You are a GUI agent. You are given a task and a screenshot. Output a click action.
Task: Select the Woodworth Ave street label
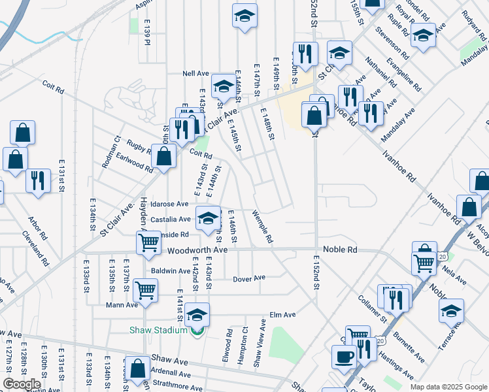pos(197,250)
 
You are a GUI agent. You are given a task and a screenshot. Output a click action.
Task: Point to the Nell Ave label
pos(195,74)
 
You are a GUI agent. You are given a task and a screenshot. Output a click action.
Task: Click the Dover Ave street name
pos(249,278)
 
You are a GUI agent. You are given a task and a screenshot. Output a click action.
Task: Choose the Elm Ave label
pos(282,315)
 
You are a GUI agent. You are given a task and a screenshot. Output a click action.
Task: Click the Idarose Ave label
pos(169,204)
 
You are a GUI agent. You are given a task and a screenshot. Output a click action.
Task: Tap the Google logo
pos(22,384)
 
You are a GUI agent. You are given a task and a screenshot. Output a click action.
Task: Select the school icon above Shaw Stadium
pos(197,315)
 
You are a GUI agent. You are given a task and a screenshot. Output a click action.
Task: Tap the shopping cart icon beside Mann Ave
pos(145,289)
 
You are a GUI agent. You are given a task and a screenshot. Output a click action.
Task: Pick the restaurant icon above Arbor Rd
pos(38,180)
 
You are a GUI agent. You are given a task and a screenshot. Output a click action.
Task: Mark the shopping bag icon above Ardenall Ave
pos(138,368)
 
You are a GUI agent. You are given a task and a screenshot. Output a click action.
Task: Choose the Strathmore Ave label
pos(170,385)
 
